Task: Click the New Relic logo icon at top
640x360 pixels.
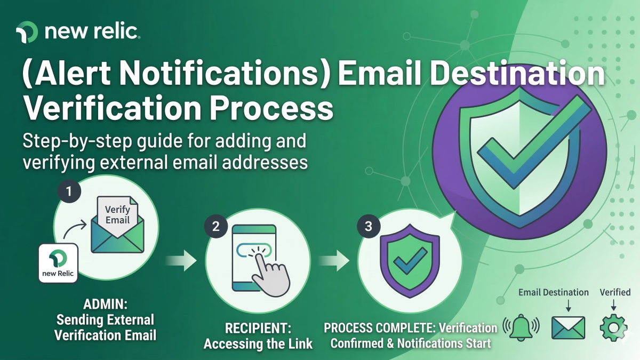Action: (x=27, y=32)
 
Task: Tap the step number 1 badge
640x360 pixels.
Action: (x=69, y=190)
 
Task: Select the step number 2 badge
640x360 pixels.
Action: (x=215, y=226)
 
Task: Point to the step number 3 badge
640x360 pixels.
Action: (x=368, y=226)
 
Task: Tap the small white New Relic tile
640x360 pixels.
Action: (x=59, y=263)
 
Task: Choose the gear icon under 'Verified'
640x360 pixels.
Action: (x=613, y=327)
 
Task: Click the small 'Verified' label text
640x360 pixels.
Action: (x=615, y=292)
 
